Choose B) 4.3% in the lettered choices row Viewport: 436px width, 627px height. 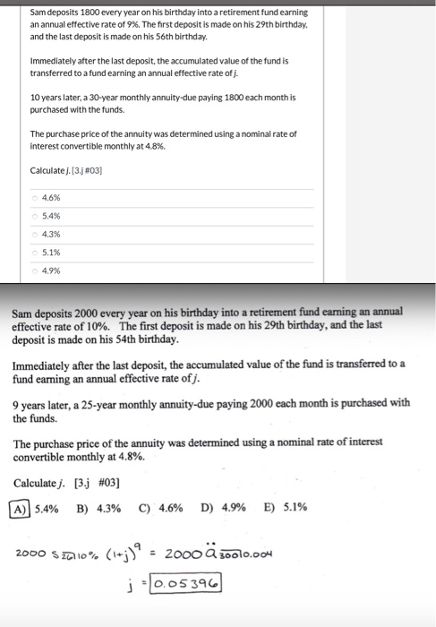click(x=98, y=507)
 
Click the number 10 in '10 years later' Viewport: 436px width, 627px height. click(x=35, y=97)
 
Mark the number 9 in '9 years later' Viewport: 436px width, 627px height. click(x=17, y=402)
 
